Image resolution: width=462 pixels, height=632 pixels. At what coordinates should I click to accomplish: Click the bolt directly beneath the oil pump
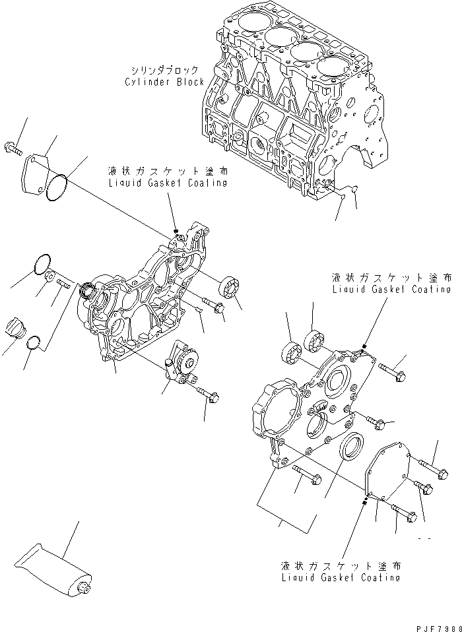coord(209,395)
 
